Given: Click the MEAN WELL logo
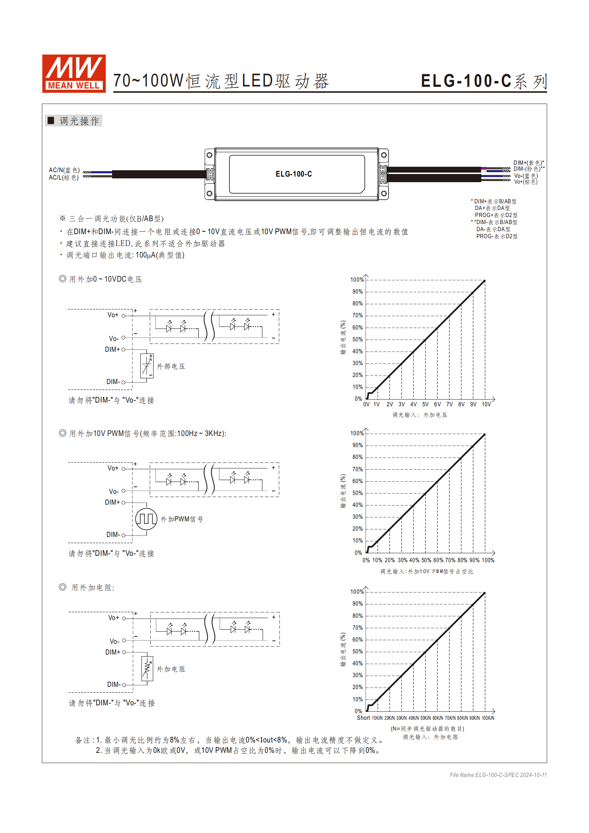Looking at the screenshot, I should [x=74, y=73].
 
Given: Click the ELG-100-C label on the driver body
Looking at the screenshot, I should [x=294, y=174].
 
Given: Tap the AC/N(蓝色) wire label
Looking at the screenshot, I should [x=64, y=170].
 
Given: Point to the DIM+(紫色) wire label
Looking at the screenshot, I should [x=529, y=163].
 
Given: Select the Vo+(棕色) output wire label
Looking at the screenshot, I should [x=526, y=182].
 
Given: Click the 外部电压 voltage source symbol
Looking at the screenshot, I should [x=147, y=366].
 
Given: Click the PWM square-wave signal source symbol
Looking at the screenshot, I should [x=146, y=519].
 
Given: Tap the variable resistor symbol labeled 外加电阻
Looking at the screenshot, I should [x=147, y=669].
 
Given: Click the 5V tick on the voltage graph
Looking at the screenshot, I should [x=425, y=404].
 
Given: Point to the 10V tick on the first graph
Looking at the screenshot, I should [x=486, y=404].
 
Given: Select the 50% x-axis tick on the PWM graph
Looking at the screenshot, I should [x=426, y=560].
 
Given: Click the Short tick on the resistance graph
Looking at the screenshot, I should [x=363, y=718].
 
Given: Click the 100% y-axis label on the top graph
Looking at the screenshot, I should [x=357, y=280].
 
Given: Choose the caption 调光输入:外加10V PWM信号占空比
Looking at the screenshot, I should [x=426, y=572].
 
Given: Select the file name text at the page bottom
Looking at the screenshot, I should [x=498, y=775].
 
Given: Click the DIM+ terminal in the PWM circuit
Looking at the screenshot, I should [x=113, y=502].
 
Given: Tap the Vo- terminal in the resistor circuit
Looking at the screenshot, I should [x=115, y=642].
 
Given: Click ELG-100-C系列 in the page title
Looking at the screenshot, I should [x=484, y=81].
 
